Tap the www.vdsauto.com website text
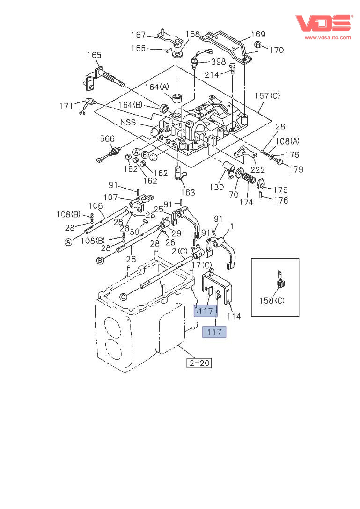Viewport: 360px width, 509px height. (x=328, y=37)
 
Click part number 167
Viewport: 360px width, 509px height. (x=139, y=35)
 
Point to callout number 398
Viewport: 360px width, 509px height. (x=218, y=61)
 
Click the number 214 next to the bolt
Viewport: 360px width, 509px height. (x=212, y=75)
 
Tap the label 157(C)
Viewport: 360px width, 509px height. (x=267, y=95)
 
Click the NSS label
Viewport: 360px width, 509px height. (x=128, y=123)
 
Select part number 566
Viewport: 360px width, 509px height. (x=107, y=138)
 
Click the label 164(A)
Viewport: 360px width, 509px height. (x=157, y=87)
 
